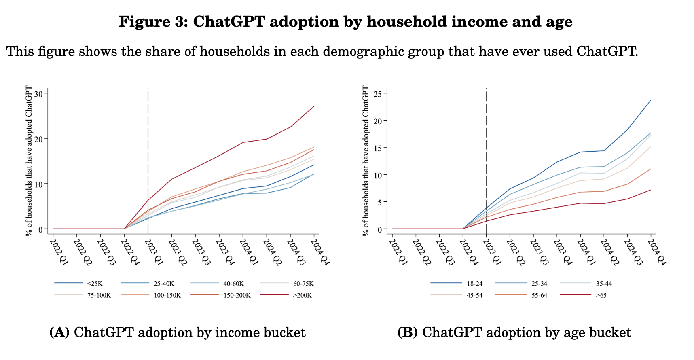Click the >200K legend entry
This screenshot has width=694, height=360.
[x=301, y=295]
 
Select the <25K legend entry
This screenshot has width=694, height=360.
[x=95, y=284]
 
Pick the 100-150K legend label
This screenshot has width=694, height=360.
[x=167, y=295]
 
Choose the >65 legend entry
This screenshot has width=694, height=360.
[x=601, y=295]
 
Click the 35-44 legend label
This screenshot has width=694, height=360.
[x=604, y=284]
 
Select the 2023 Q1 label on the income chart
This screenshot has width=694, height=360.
[x=153, y=252]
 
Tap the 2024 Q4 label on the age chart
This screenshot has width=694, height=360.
[x=656, y=252]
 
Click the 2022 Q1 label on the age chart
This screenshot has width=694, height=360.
[x=398, y=252]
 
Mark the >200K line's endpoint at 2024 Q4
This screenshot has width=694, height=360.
[x=314, y=106]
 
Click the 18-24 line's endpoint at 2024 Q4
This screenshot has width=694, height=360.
[x=651, y=100]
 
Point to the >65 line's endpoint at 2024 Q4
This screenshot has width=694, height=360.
[x=651, y=190]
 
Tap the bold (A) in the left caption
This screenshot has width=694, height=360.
[x=59, y=332]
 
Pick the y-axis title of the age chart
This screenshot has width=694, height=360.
[x=366, y=161]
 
